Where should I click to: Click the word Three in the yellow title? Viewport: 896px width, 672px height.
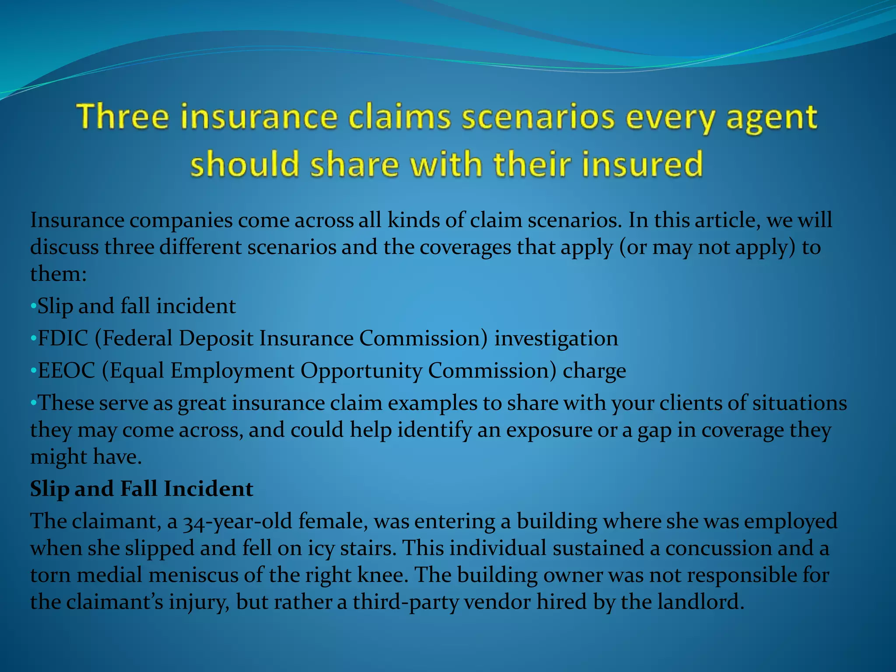tap(123, 117)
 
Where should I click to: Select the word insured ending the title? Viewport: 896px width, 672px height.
tap(642, 164)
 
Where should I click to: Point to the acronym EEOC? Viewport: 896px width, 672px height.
tap(66, 371)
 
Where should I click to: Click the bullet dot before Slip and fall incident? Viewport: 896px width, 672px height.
tap(33, 306)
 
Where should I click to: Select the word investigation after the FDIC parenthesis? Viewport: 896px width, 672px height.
tap(556, 338)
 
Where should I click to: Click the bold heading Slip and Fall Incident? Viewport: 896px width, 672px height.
tap(141, 489)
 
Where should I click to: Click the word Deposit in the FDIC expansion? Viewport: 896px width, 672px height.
tap(216, 338)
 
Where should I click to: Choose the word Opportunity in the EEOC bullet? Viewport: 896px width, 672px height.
tap(361, 371)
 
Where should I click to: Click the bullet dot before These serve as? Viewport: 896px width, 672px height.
tap(33, 403)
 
